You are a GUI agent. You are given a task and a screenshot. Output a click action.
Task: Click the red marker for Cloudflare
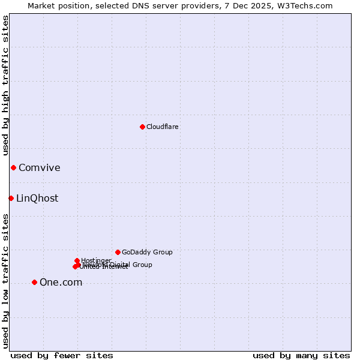coord(142,127)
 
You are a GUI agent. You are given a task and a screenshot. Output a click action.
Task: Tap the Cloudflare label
coord(162,127)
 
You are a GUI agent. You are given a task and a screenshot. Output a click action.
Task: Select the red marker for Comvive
coord(13,167)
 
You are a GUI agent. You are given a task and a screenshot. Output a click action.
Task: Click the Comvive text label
coord(39,168)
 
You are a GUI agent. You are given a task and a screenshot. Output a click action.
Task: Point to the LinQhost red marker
coord(11,198)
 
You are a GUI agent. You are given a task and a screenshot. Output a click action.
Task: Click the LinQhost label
coord(37,199)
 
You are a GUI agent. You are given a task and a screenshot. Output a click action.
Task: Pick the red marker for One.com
coord(34,282)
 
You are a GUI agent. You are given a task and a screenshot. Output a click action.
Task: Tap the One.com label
coord(61,283)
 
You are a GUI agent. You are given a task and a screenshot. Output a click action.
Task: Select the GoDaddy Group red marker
coord(118,252)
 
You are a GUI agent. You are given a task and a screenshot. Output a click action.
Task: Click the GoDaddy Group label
coord(147,252)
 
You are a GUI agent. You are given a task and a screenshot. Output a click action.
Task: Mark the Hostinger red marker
coord(77,260)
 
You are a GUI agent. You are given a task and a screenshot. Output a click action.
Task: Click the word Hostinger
coord(96,260)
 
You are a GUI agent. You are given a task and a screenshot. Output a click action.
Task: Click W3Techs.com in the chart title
coord(308,5)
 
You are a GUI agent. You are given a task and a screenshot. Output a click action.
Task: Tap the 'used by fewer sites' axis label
coord(62,355)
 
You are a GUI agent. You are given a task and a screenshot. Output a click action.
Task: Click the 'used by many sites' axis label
coord(301,355)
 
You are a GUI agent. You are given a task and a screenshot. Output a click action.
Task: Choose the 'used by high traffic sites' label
coord(5,85)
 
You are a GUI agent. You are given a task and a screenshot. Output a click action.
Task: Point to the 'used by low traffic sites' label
coord(5,281)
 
